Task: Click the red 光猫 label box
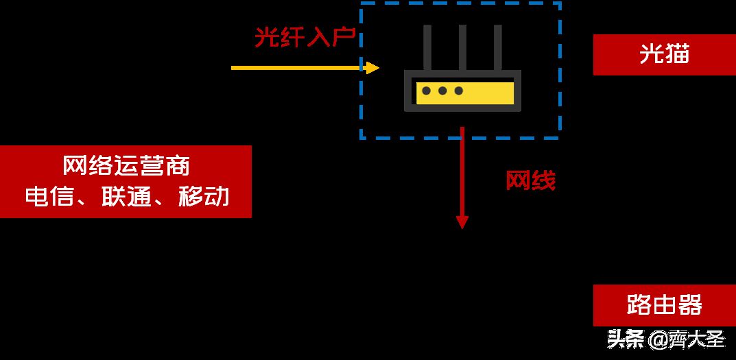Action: pos(664,54)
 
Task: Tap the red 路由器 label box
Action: pos(664,305)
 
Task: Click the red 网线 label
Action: pos(530,180)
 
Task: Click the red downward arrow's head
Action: pos(462,222)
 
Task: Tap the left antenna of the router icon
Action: pos(427,48)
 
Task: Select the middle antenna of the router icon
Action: pos(462,48)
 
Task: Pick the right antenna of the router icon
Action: pos(497,48)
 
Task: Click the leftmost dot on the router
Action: pos(426,91)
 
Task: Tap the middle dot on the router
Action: pos(442,91)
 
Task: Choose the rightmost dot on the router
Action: pos(459,91)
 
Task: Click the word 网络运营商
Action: pos(126,166)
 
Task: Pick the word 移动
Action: pos(204,197)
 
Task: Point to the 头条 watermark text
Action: pos(626,339)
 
